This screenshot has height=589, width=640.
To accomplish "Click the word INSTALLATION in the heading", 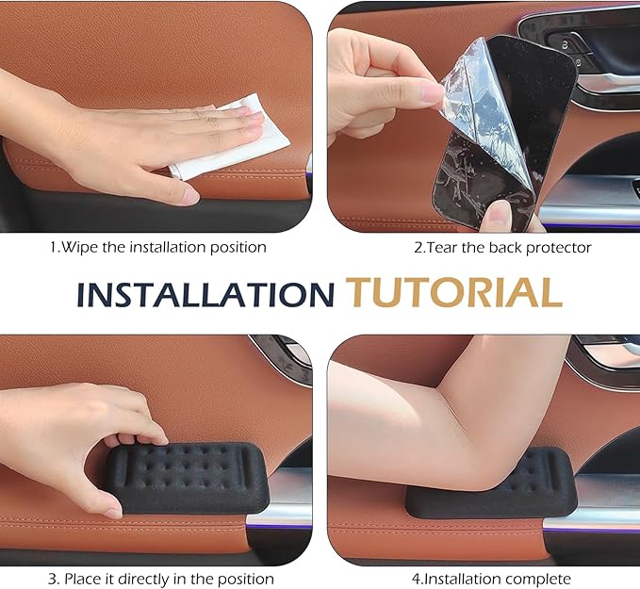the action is pos(205,294).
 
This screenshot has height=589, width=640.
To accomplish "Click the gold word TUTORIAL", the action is pos(454,292).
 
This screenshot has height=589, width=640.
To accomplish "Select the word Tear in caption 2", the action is pos(442,248).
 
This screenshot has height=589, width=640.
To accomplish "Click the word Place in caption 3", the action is pos(82,580).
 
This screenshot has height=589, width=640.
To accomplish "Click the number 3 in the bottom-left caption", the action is pos(52,580).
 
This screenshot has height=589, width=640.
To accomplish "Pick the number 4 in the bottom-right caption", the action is pos(416,580).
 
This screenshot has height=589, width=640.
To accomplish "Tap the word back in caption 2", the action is pos(506,248).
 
